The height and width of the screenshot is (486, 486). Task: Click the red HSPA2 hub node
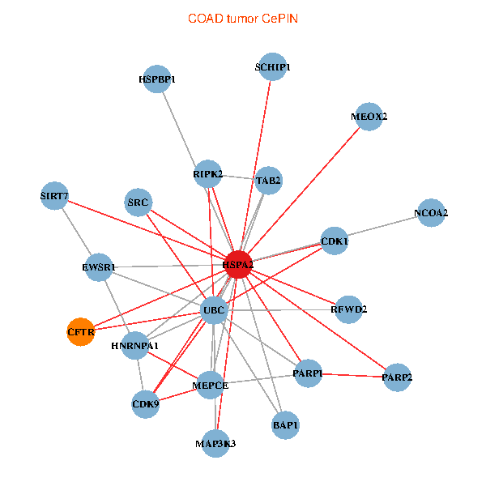238,265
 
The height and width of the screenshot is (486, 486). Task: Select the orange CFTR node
80,332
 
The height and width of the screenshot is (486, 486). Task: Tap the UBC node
213,310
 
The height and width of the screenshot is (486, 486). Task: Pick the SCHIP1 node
273,67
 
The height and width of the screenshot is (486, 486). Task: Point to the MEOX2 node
369,116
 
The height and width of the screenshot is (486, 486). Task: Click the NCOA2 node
431,213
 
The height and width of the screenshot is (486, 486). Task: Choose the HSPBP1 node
156,79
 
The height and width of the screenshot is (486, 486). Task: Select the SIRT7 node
54,196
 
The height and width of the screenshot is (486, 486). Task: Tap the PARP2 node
397,377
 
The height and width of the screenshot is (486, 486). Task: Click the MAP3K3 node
215,443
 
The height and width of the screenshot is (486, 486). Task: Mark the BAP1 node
286,424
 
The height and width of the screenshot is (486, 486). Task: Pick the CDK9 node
146,403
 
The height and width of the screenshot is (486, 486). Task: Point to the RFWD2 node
348,309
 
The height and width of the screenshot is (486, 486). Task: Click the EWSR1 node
99,266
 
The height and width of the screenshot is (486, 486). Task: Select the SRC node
139,202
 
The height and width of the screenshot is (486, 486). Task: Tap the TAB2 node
268,181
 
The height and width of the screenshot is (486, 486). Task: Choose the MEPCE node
210,386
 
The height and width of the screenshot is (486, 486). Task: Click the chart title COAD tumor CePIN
242,18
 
